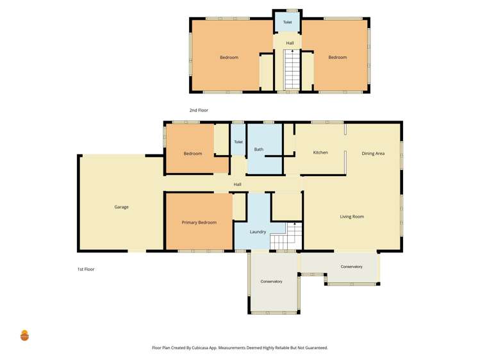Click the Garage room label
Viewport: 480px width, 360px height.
[121, 207]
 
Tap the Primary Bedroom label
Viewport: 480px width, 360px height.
[199, 222]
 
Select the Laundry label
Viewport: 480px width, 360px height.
[258, 232]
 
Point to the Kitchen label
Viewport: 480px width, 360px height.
[320, 152]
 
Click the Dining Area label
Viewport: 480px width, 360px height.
[373, 154]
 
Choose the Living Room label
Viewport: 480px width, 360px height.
[352, 217]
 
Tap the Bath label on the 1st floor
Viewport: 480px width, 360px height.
[259, 149]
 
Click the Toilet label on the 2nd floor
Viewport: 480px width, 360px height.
[287, 22]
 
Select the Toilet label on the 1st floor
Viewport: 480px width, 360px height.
[238, 142]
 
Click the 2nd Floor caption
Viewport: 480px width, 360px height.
[199, 110]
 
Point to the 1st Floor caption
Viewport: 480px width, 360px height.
[86, 269]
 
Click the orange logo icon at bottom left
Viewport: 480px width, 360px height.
[24, 335]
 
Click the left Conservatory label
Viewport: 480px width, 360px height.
[271, 282]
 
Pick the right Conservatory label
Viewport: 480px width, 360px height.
[351, 266]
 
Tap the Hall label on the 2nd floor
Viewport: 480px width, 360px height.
[290, 43]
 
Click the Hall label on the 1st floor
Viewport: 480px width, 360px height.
[237, 184]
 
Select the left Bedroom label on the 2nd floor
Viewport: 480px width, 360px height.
[229, 58]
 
